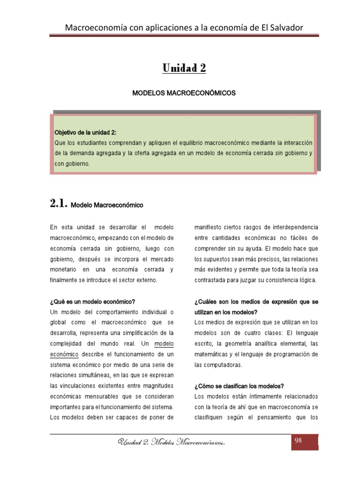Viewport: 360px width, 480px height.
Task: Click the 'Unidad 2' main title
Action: pyautogui.click(x=184, y=68)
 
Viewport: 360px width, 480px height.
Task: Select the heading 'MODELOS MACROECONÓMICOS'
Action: pyautogui.click(x=184, y=93)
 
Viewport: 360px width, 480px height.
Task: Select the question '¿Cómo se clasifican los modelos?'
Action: pyautogui.click(x=239, y=386)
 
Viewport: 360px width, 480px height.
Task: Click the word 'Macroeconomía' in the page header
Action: pyautogui.click(x=93, y=28)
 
